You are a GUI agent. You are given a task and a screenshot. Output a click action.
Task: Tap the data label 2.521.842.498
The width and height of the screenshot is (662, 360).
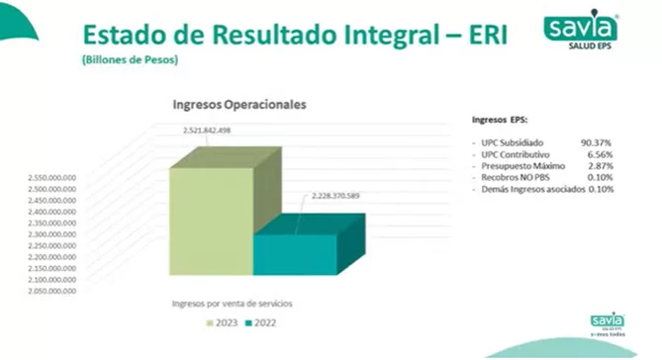pyautogui.click(x=207, y=131)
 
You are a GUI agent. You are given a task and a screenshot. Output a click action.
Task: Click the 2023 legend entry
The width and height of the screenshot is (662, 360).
pyautogui.click(x=222, y=322)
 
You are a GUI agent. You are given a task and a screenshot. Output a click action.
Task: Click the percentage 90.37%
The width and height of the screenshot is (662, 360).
pyautogui.click(x=598, y=142)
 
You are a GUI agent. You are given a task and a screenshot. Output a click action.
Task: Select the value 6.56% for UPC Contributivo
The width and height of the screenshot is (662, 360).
pyautogui.click(x=600, y=154)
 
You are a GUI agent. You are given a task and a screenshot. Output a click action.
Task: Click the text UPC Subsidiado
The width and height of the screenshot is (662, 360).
pyautogui.click(x=513, y=142)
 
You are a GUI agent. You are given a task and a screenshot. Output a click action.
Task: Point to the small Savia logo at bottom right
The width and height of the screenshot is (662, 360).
pyautogui.click(x=608, y=323)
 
